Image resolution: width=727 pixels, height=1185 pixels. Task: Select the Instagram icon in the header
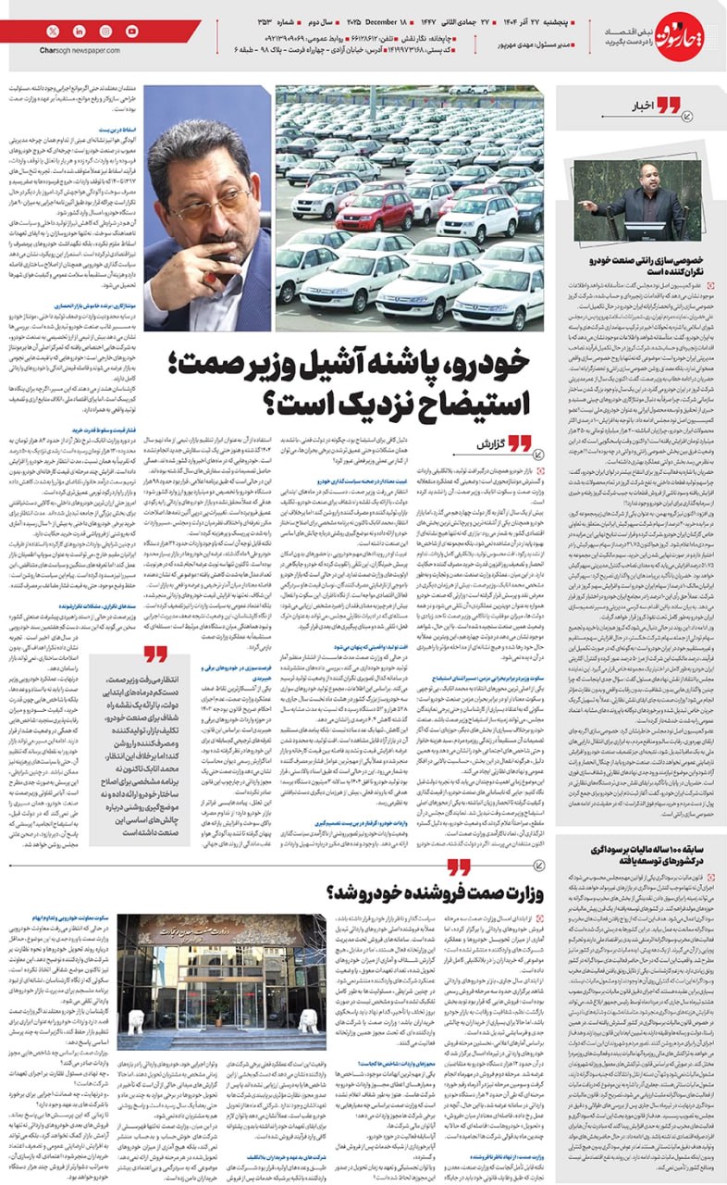[x=105, y=31]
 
